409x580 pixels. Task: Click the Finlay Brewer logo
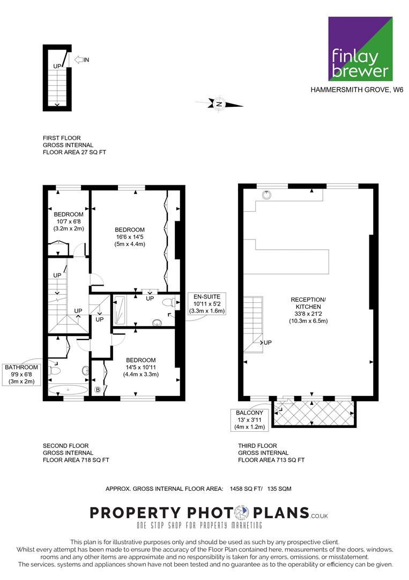tap(360, 48)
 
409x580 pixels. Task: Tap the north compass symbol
tap(219, 104)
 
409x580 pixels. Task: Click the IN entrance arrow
tap(81, 60)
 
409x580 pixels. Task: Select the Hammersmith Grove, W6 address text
tap(357, 90)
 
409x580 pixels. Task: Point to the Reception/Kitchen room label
tap(308, 310)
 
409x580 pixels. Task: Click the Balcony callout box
tap(250, 420)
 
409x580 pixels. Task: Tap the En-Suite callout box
tap(207, 303)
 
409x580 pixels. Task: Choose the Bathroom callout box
tap(21, 374)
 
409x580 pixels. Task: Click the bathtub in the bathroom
tap(68, 390)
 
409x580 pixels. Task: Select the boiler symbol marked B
tap(98, 389)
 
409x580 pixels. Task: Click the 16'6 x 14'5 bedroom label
tap(130, 237)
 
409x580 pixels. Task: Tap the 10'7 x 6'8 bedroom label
tap(69, 221)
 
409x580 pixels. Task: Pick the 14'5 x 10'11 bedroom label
tap(140, 367)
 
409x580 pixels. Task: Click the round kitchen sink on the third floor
tap(266, 194)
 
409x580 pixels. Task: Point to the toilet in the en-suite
tap(169, 303)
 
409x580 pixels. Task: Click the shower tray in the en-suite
tap(119, 310)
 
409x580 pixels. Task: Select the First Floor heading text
tap(62, 138)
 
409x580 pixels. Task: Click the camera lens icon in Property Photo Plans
tap(242, 513)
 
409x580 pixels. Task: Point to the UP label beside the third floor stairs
tap(267, 343)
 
